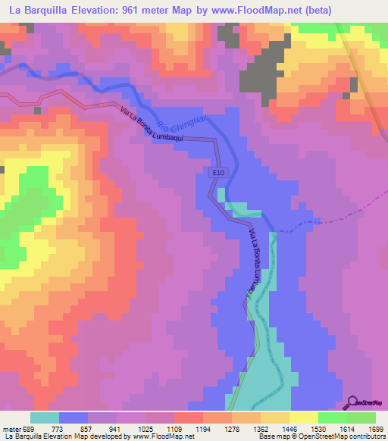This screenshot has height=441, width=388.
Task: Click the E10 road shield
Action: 217,174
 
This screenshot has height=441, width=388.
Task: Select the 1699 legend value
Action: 365,429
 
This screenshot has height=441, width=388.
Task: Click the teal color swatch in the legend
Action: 45,418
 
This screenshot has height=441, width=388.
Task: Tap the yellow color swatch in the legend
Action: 304,418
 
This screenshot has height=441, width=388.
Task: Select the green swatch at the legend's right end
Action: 361,418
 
